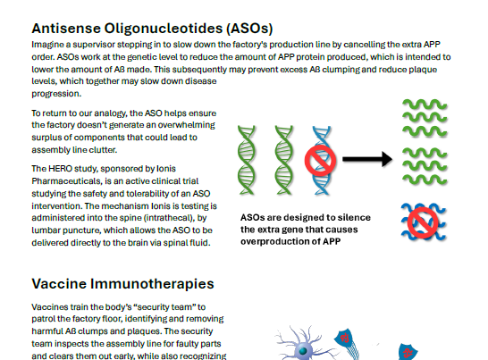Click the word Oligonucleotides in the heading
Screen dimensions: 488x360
click(x=163, y=29)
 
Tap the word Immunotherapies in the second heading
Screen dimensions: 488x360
click(x=152, y=284)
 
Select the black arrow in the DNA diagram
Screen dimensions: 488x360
click(x=367, y=159)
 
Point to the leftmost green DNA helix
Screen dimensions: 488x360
click(x=247, y=160)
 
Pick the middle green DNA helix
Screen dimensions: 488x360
click(x=284, y=160)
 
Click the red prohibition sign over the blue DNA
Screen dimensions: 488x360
click(x=320, y=160)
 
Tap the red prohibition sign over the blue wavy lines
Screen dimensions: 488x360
click(x=423, y=222)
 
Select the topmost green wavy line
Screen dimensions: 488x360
click(x=425, y=105)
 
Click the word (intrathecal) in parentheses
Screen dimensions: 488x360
click(x=169, y=218)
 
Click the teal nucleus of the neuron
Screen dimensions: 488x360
click(x=302, y=351)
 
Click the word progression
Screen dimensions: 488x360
click(x=56, y=94)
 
